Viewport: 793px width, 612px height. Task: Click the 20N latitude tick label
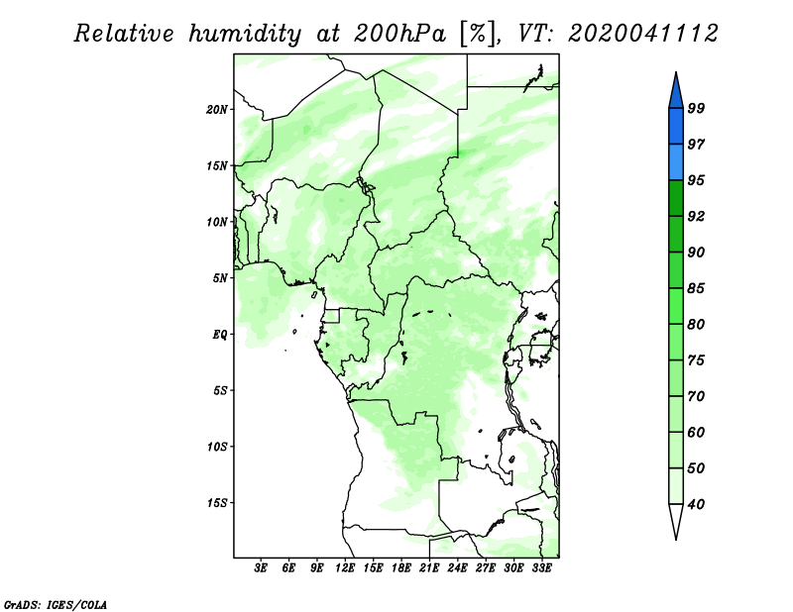217,110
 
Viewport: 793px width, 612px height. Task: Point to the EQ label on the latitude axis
220,335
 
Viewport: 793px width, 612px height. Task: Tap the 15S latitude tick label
217,503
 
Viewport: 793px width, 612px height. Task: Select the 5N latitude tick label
220,278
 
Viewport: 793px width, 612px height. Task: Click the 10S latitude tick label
217,447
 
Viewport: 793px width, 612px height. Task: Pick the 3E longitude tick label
261,568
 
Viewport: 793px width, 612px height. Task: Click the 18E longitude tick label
401,568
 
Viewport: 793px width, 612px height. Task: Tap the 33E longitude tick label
541,568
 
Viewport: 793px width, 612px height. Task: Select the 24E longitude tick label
457,568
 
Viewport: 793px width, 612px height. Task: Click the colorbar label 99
696,108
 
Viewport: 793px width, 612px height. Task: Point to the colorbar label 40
696,504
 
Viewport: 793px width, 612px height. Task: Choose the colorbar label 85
696,288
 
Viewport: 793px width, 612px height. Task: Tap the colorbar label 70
696,396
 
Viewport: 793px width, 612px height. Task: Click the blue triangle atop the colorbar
676,93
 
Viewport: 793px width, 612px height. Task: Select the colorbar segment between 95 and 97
676,162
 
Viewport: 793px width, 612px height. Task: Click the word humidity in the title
245,35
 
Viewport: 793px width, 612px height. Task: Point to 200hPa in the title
400,34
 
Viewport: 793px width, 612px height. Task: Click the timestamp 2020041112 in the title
642,34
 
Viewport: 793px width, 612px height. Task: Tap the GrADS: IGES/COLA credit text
56,604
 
